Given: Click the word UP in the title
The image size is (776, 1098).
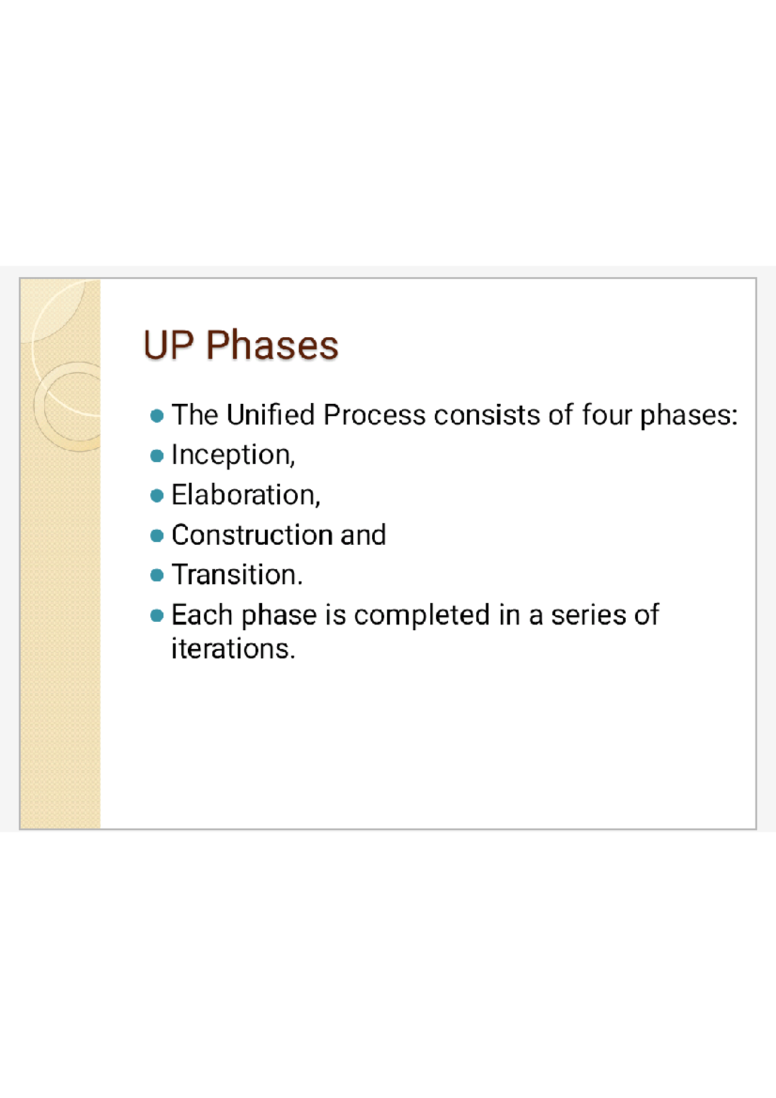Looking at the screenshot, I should coord(168,345).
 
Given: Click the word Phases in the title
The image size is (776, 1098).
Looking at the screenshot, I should coord(272,345).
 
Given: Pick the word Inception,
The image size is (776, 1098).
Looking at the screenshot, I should coord(233,456).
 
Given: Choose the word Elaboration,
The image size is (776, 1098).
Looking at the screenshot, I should coord(246,495).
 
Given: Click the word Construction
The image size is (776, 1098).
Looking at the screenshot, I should coord(252,535).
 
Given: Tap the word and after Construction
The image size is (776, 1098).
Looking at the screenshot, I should coord(363,535).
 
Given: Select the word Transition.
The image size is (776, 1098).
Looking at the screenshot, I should coord(237,575).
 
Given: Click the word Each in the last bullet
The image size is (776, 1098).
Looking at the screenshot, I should coord(201,615).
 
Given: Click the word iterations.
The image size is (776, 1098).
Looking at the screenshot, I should coord(233,649).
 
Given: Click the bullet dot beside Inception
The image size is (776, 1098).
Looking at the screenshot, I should coord(156,457).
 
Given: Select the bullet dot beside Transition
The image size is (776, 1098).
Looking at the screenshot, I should coord(156,576).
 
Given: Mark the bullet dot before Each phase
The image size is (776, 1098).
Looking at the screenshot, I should coord(156,616).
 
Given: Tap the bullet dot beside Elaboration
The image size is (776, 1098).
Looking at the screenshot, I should coord(156,496).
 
